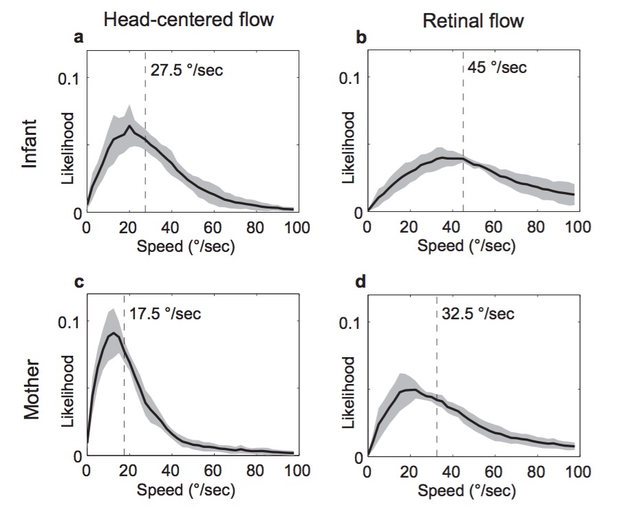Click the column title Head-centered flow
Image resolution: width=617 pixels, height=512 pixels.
click(188, 19)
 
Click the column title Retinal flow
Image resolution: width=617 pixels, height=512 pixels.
click(473, 21)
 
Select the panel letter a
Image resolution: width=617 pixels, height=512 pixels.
click(78, 39)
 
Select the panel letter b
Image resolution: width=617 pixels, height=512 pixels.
click(360, 39)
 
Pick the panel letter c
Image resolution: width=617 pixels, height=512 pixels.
click(78, 283)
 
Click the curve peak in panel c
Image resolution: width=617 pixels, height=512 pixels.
click(113, 334)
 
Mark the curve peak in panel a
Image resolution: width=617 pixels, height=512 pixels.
click(129, 126)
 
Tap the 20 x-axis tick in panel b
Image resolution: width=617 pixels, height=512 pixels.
click(409, 228)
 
